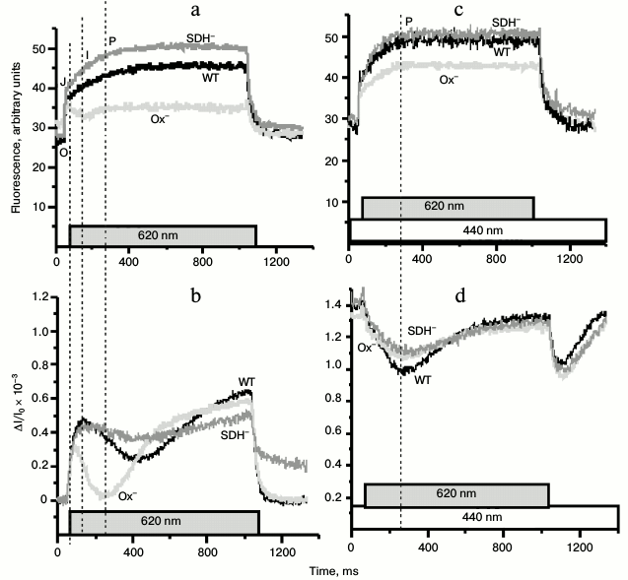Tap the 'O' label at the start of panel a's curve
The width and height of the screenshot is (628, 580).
[64, 152]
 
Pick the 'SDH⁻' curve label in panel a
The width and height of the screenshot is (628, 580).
[202, 38]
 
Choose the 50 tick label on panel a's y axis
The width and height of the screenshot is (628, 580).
[40, 48]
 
